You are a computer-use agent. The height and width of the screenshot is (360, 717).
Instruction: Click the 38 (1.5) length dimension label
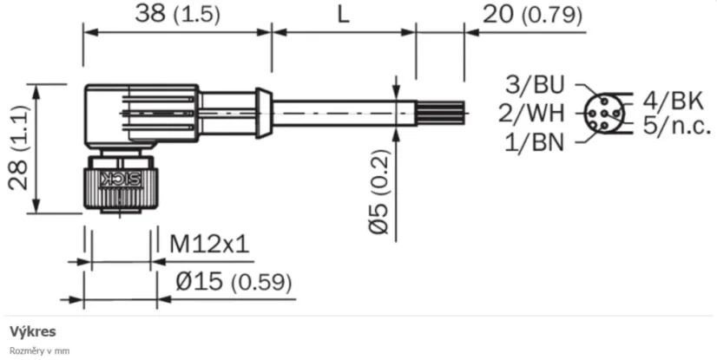(x=177, y=14)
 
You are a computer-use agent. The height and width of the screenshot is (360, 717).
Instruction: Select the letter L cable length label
(x=342, y=15)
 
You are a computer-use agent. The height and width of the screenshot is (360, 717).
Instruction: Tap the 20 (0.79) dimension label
(x=532, y=15)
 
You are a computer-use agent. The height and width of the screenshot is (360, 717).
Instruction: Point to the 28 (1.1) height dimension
(x=20, y=147)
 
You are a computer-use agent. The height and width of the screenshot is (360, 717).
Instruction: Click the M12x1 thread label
(x=209, y=245)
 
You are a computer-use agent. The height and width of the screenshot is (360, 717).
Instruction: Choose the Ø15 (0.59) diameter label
(x=233, y=282)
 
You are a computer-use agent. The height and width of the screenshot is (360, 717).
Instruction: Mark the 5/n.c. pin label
(x=676, y=127)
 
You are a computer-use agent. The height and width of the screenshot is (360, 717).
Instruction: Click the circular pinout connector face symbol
(x=601, y=114)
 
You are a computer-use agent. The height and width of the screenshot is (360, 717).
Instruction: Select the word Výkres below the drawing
(x=33, y=331)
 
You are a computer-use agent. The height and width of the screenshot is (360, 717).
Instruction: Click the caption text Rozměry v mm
(x=39, y=350)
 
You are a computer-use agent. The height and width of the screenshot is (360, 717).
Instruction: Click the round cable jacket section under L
(x=343, y=112)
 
